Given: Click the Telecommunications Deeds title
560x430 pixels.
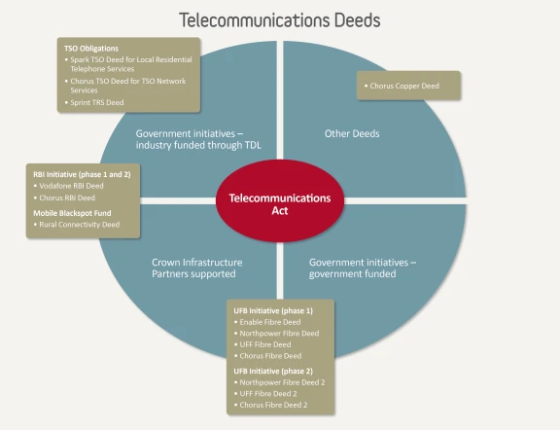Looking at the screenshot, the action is click(x=280, y=20).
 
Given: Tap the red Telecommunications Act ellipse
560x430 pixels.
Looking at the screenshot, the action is click(x=280, y=200).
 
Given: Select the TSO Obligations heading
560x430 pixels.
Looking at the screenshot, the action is click(x=91, y=49).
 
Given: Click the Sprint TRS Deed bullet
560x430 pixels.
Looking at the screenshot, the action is click(x=94, y=102).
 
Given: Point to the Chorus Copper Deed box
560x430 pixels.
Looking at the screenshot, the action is click(x=408, y=86).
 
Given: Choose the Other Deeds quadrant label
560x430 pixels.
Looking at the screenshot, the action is click(x=352, y=133).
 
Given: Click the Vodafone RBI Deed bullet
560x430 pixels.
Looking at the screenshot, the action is click(x=69, y=186).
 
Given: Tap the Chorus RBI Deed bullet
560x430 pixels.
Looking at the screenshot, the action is click(x=64, y=197).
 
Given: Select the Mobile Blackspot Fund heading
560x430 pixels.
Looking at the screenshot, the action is click(x=72, y=213).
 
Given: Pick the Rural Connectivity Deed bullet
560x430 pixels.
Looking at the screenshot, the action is click(x=77, y=225).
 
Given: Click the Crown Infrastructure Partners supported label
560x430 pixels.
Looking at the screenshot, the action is click(x=196, y=269).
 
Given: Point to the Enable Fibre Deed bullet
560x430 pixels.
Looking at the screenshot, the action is click(x=267, y=322).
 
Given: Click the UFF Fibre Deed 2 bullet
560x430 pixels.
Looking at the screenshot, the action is click(x=265, y=394).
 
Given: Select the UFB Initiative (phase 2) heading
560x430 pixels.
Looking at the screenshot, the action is click(x=273, y=371).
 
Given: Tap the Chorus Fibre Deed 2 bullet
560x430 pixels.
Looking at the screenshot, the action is click(x=270, y=405).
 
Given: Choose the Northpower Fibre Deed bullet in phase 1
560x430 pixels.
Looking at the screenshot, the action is click(x=276, y=333).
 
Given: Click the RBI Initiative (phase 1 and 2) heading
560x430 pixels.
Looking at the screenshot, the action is click(x=82, y=174).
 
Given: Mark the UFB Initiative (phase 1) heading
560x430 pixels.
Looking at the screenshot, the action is click(x=273, y=310).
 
